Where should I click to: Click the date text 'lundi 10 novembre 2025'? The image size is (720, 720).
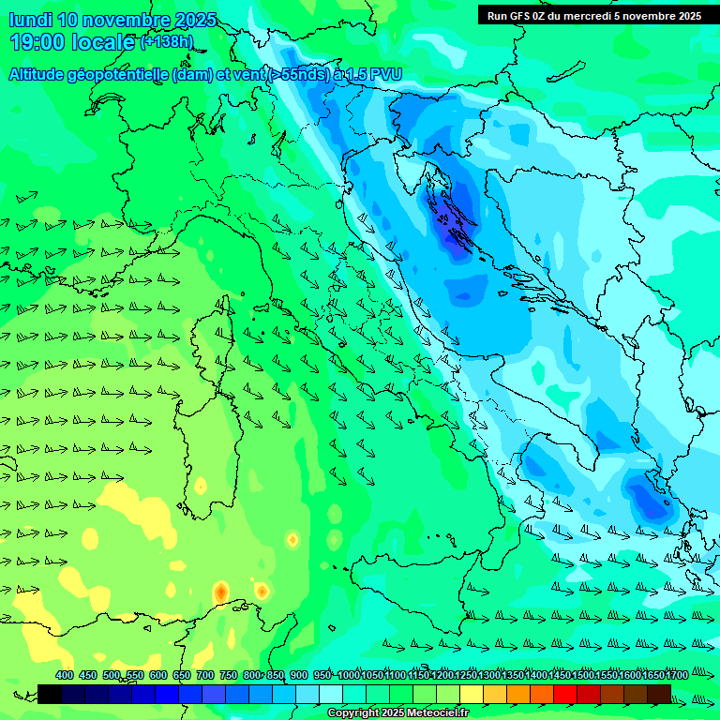pos(112,20)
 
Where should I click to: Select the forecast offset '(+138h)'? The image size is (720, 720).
pos(167,42)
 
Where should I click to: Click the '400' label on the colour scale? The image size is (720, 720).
pos(65,675)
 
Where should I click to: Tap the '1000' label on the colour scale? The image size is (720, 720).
pos(349,675)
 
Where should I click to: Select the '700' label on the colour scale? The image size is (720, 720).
pos(204,675)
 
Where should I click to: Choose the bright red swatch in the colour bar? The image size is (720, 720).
pos(565,694)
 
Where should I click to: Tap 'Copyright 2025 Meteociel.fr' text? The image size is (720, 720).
pos(397,712)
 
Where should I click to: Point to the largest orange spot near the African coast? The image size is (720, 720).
pos(220,592)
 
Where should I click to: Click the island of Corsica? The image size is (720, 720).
pos(224,322)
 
